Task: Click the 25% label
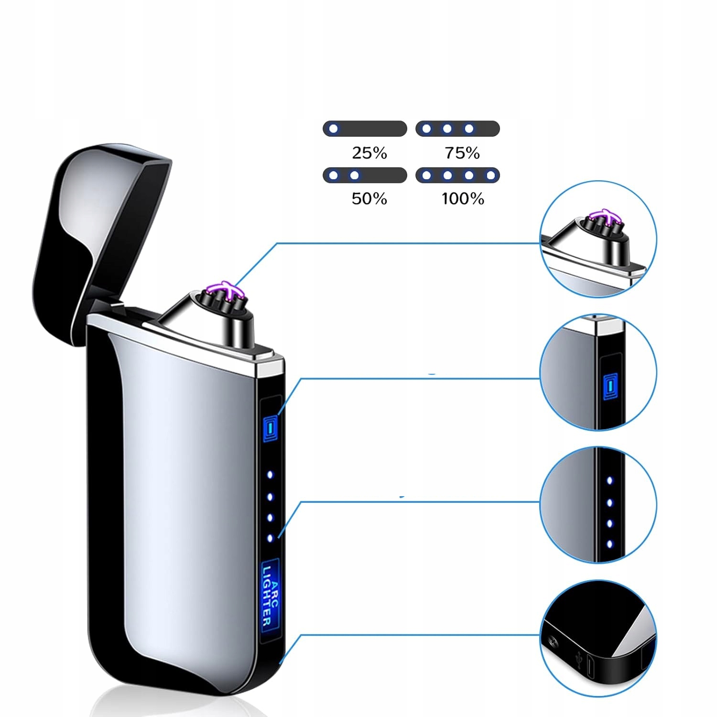[x=369, y=153]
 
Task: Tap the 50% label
[x=369, y=199]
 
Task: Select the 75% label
[x=462, y=153]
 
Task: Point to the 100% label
[x=463, y=199]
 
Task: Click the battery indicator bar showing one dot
[x=365, y=129]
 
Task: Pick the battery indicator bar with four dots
[x=457, y=175]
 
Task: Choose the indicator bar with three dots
[x=457, y=129]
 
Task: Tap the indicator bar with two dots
[x=365, y=175]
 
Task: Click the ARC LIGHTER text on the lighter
[x=270, y=595]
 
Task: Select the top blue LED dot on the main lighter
[x=270, y=475]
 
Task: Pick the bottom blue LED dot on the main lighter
[x=270, y=538]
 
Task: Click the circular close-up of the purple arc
[x=598, y=239]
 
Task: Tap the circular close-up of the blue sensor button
[x=598, y=372]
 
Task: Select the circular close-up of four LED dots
[x=598, y=505]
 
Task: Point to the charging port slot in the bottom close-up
[x=591, y=667]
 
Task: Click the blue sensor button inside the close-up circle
[x=610, y=386]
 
